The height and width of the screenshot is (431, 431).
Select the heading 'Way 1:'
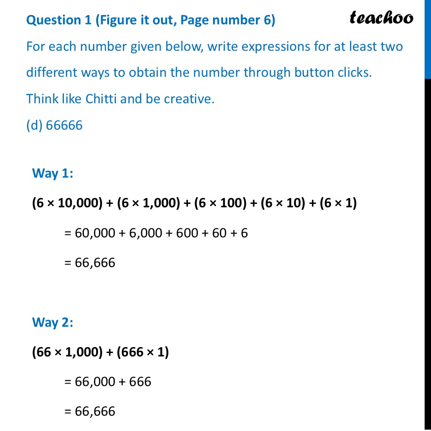tap(52, 173)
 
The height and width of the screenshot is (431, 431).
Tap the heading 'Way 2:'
tap(52, 322)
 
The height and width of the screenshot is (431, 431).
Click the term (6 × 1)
tap(338, 203)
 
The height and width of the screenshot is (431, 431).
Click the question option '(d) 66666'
tap(54, 125)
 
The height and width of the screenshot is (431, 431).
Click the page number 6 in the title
tap(267, 21)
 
